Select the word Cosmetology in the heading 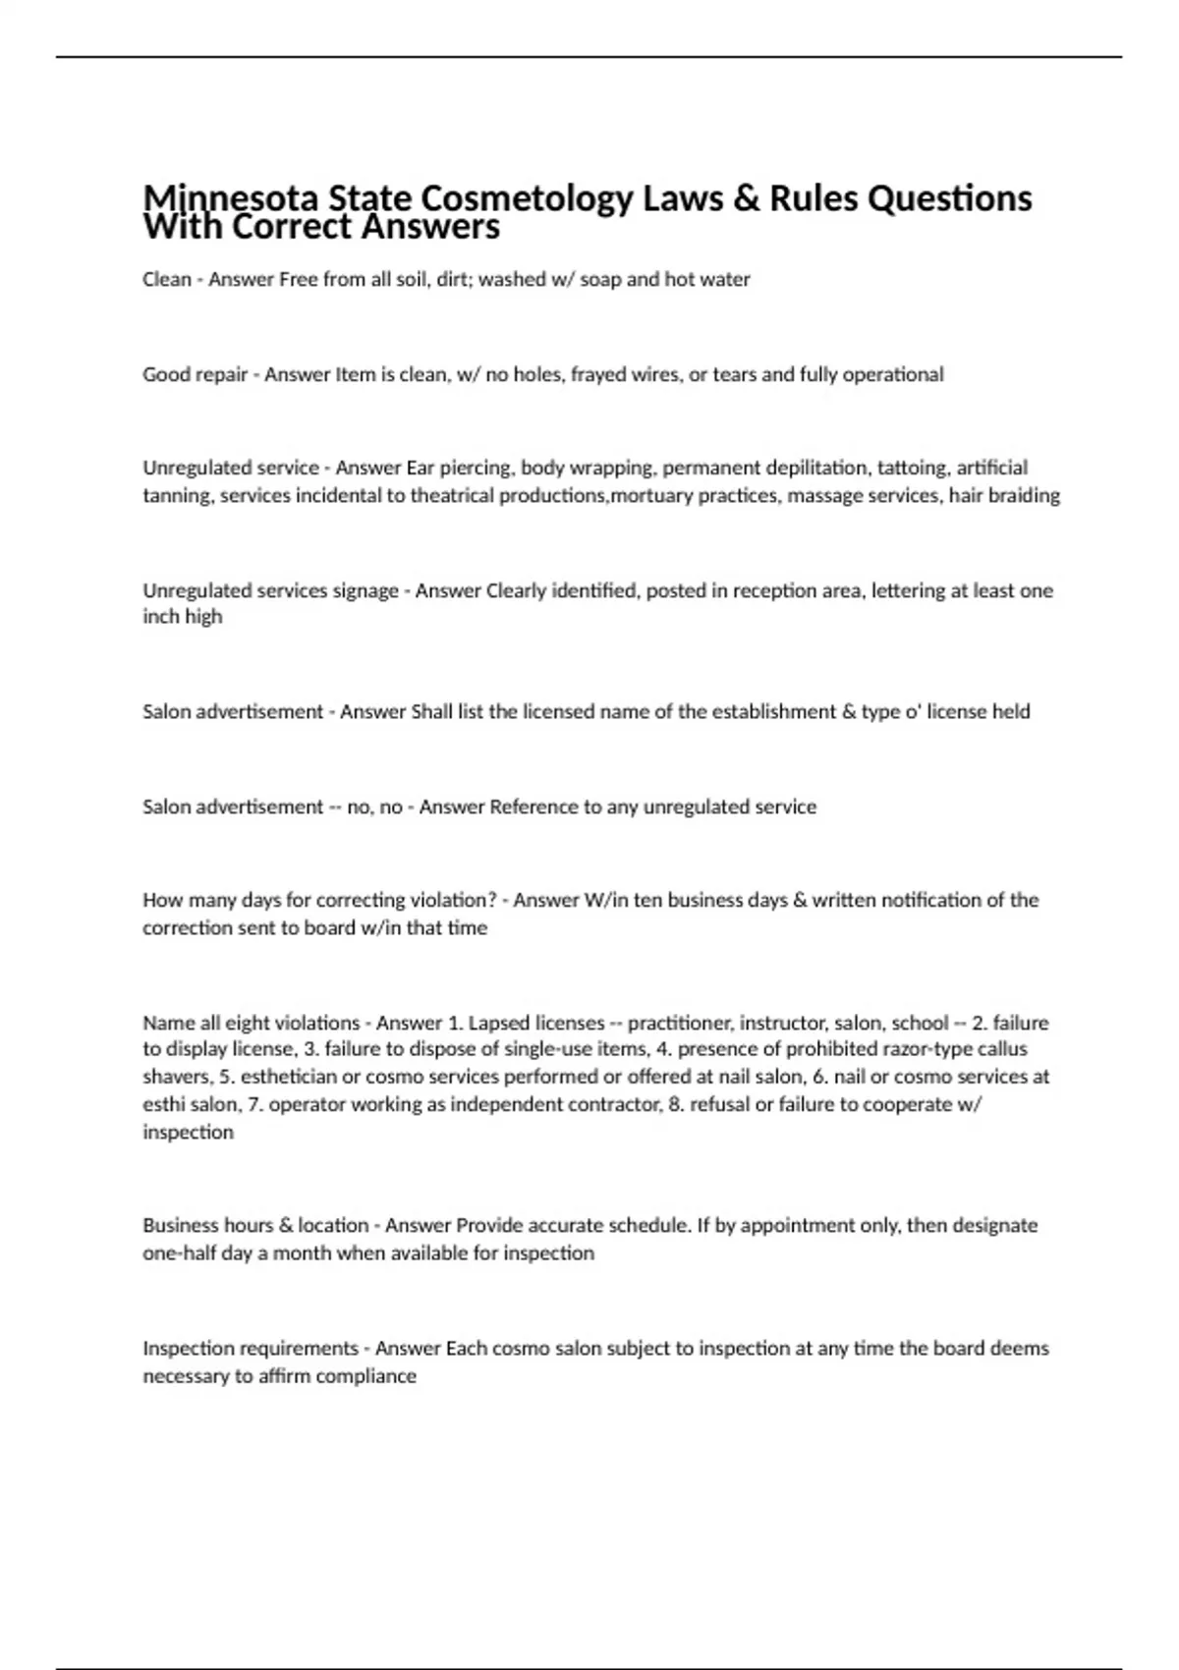pos(527,198)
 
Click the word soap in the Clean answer pos(599,279)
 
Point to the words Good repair pos(195,374)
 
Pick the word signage pos(363,590)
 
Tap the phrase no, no pos(374,807)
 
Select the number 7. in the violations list pos(254,1104)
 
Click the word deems pos(1020,1348)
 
